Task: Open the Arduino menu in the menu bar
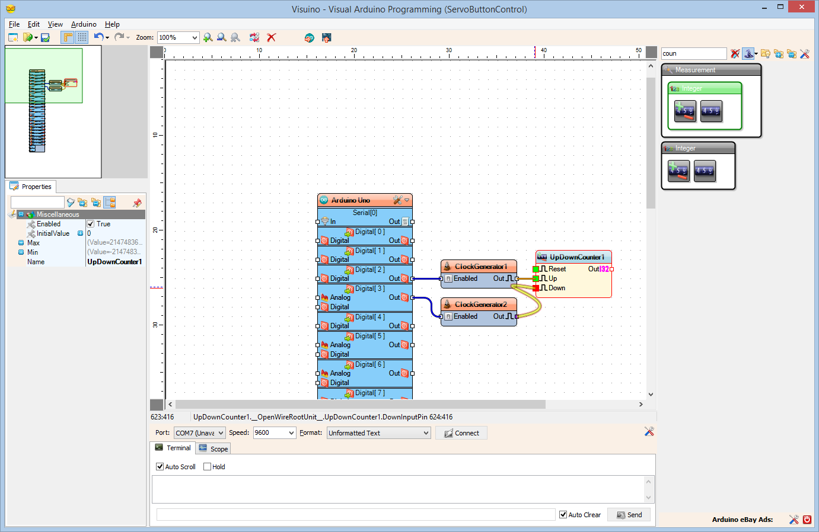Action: point(84,24)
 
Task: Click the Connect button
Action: point(461,433)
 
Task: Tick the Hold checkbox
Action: point(208,467)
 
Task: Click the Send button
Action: point(629,515)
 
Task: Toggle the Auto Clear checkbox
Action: point(563,515)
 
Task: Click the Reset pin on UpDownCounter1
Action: point(556,269)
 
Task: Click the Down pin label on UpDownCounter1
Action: point(556,288)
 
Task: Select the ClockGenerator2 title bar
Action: point(480,305)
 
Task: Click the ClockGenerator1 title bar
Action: point(480,267)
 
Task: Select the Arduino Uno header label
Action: point(350,200)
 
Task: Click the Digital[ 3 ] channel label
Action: point(369,289)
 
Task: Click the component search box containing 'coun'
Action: point(693,53)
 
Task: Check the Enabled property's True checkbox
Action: point(91,224)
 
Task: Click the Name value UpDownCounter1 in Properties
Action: point(114,262)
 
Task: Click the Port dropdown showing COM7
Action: point(200,433)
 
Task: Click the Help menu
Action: point(112,24)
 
